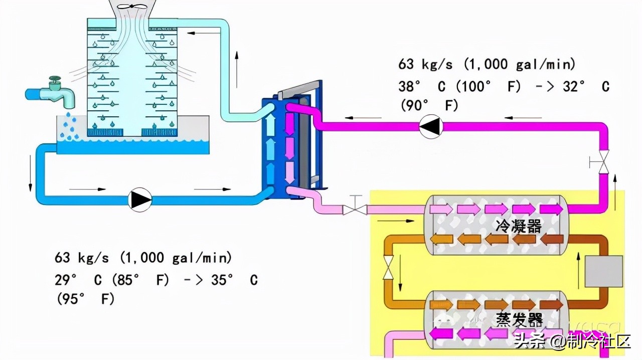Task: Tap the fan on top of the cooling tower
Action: (133, 7)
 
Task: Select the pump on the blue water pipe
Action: (140, 199)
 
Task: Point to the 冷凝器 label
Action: (519, 226)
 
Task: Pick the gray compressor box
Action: (604, 271)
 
